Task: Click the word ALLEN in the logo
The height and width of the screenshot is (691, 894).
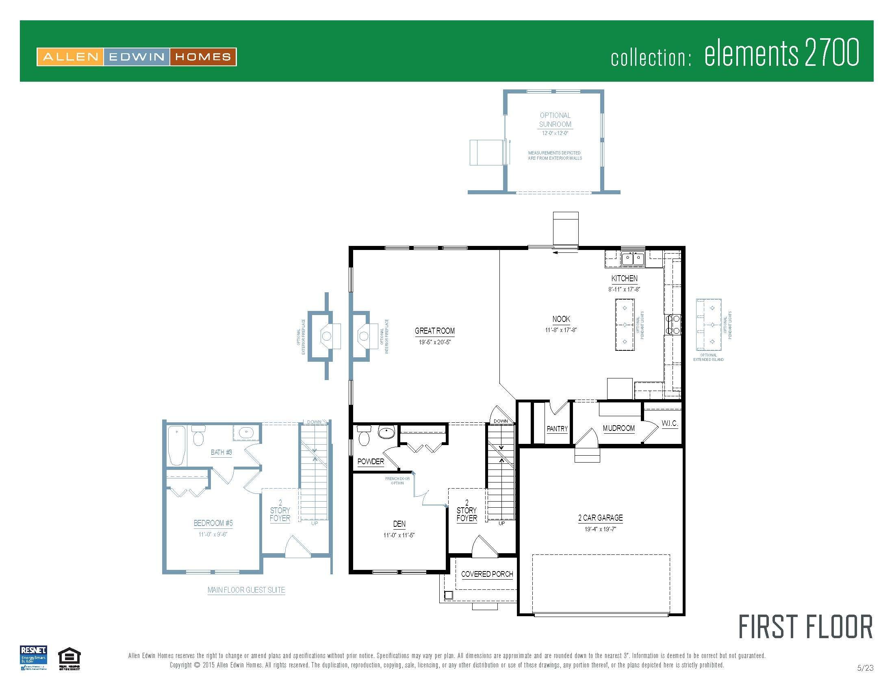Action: [x=70, y=57]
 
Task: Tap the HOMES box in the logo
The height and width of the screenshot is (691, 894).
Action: [x=203, y=57]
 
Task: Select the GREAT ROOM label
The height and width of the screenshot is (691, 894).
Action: [x=434, y=331]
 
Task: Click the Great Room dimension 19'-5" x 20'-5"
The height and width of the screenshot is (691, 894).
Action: [x=434, y=342]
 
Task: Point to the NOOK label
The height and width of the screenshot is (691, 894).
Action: [x=561, y=319]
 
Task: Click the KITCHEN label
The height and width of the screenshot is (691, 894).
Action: [x=624, y=278]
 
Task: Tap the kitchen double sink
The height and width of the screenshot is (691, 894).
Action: [x=632, y=259]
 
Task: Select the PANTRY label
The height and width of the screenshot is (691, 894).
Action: [x=557, y=428]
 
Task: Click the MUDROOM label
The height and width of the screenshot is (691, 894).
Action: [x=618, y=428]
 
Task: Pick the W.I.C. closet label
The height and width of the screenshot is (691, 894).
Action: [x=670, y=423]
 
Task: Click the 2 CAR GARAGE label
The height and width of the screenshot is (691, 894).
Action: [x=600, y=518]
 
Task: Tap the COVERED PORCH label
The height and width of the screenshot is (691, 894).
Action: [x=487, y=574]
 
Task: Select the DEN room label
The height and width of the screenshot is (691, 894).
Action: [x=399, y=524]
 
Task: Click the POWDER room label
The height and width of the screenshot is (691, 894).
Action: [x=371, y=461]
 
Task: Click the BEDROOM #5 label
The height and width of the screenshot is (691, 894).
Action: [x=213, y=523]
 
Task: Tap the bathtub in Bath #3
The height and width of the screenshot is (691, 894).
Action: [x=177, y=445]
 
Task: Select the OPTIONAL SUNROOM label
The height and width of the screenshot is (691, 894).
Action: [x=555, y=120]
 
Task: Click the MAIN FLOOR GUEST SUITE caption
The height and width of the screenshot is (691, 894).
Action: [x=246, y=590]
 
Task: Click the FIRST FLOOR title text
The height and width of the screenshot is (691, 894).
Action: [x=805, y=627]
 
